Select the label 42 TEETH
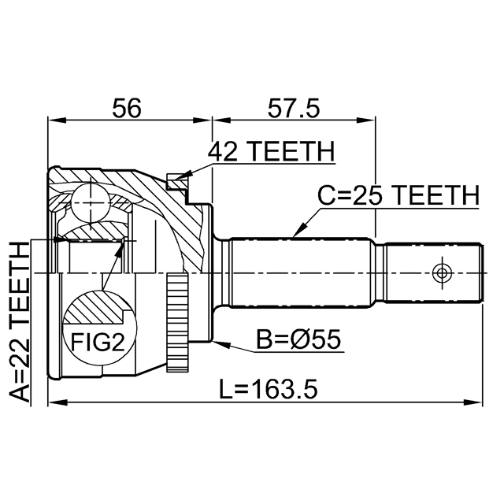[271, 151]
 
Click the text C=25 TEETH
[398, 195]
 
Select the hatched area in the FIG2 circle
[94, 308]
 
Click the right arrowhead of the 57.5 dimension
[371, 120]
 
